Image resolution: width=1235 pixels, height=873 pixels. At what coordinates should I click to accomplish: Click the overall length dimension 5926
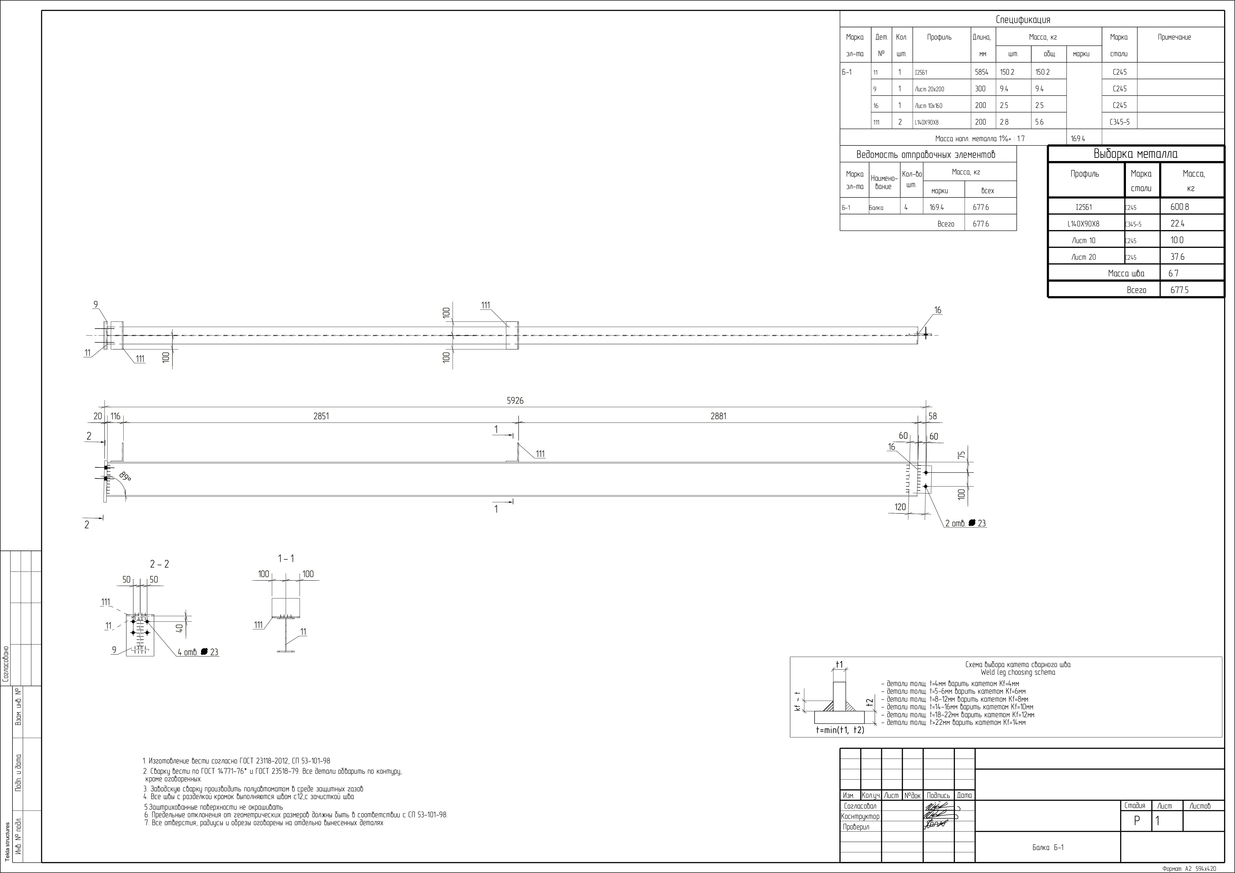(x=515, y=401)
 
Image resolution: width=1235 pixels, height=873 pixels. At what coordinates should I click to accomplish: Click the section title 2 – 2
(x=159, y=564)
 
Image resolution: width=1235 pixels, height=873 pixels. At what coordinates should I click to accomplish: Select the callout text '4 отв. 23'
(x=198, y=652)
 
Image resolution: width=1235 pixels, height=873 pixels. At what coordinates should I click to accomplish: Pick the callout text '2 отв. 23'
(x=965, y=523)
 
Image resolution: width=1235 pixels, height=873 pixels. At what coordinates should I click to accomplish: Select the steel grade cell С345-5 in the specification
(x=1119, y=122)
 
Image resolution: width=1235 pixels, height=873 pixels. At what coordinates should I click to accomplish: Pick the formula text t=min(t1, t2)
(x=840, y=730)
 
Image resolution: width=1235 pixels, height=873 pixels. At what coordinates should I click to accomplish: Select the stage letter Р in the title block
(x=1137, y=821)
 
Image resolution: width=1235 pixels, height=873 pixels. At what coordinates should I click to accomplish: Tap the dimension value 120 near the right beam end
(x=900, y=507)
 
